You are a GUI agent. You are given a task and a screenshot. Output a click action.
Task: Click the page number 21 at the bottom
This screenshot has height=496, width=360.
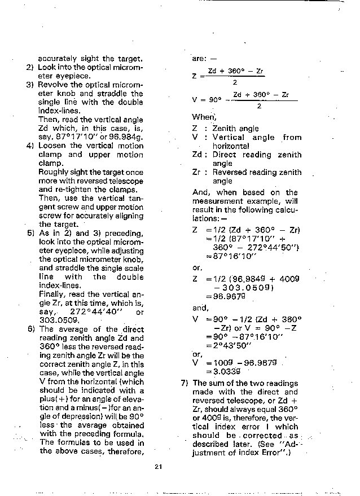click(158, 466)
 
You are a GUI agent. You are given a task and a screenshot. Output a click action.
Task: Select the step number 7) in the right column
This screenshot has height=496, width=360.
click(185, 383)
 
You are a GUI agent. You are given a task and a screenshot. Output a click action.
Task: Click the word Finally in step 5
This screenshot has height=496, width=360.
click(52, 294)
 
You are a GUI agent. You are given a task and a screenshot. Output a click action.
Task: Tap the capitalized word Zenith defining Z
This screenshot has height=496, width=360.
click(224, 129)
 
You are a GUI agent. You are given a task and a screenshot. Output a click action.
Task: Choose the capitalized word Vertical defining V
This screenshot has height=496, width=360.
click(229, 137)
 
